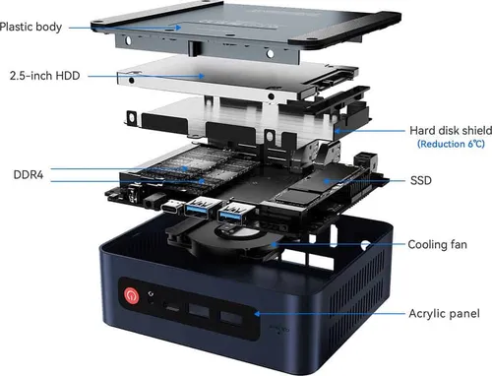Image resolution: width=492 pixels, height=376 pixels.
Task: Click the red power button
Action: (132, 295)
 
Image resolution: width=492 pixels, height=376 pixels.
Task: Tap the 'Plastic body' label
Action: (31, 27)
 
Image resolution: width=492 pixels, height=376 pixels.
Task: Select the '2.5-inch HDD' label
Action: (45, 76)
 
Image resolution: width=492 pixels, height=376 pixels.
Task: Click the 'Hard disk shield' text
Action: (451, 131)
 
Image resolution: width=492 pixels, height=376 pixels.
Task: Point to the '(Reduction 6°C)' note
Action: (451, 144)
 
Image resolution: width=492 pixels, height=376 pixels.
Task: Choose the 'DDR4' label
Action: (29, 174)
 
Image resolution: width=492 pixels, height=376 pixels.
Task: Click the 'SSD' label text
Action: (421, 180)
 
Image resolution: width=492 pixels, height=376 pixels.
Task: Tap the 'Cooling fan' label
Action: (437, 245)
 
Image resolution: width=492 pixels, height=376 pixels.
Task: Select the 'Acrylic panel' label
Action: (444, 314)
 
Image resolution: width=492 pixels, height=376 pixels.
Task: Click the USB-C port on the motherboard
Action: (172, 208)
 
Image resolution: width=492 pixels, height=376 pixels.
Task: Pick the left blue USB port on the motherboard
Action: (199, 207)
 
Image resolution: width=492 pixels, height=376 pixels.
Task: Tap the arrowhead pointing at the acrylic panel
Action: (258, 314)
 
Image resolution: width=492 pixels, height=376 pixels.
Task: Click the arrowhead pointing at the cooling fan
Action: (274, 244)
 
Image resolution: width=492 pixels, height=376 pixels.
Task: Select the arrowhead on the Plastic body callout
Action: (178, 28)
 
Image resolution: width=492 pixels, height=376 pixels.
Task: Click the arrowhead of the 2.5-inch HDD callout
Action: (202, 76)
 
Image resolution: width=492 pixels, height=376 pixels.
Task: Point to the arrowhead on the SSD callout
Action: (327, 181)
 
